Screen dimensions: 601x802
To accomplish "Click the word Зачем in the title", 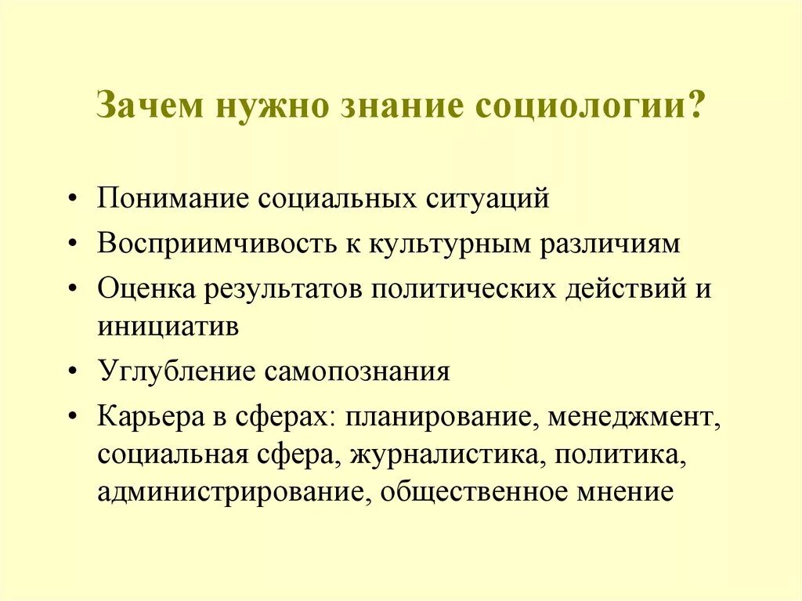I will pos(150,104).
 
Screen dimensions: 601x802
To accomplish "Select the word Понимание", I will pos(172,198).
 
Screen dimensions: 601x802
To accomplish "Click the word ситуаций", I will pos(487,198).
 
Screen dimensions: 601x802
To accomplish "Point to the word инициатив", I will pos(168,327).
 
